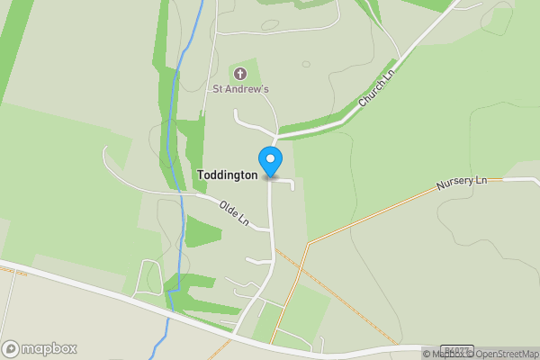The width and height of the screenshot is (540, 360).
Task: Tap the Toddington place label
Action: pos(227,175)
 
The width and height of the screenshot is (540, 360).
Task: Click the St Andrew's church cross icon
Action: pos(240,73)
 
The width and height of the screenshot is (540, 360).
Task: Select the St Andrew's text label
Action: pos(240,89)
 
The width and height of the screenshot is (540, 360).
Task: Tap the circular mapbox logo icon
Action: pos(11,349)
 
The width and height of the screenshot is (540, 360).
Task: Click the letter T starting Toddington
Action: pos(201,175)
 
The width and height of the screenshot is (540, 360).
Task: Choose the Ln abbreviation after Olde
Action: pos(243,220)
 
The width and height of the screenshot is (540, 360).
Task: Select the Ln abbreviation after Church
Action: pos(389,80)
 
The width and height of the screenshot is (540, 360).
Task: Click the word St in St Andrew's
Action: pos(217,89)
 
